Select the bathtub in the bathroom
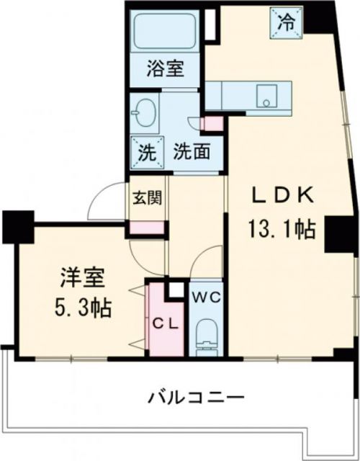[166, 32]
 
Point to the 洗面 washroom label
[192, 152]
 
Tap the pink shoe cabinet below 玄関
[146, 228]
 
